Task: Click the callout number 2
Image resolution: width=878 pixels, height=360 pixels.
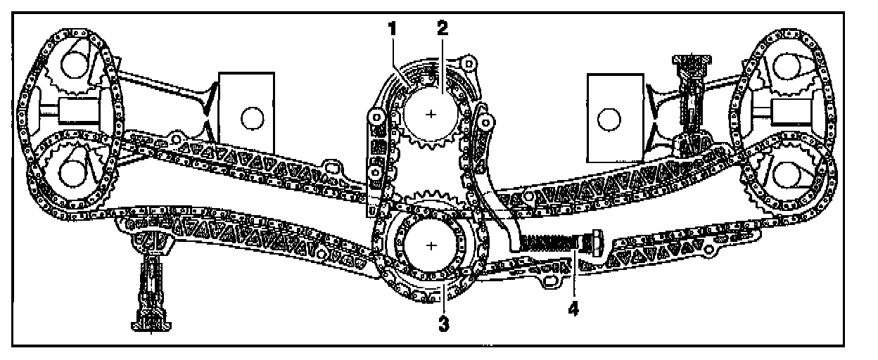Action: (x=442, y=28)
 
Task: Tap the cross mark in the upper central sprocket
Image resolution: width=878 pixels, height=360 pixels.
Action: (x=431, y=113)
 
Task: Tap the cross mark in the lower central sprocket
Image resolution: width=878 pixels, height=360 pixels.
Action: (x=431, y=245)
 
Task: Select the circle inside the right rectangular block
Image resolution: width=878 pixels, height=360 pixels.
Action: (x=608, y=118)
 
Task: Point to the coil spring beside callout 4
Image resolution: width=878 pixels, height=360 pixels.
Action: (x=552, y=245)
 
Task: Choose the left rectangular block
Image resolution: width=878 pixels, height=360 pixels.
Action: (x=246, y=105)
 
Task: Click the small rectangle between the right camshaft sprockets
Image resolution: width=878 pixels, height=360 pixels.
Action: (x=789, y=110)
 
